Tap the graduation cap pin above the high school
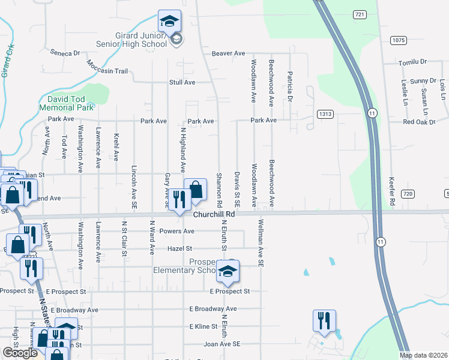[169, 22]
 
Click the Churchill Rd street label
[213, 214]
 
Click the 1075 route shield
[398, 40]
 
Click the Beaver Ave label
[228, 53]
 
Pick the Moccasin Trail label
[107, 67]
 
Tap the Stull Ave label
[182, 82]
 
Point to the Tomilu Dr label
[412, 62]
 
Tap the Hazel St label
[180, 248]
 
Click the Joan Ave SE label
[222, 344]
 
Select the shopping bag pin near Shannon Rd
[195, 190]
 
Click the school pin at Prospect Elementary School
[228, 272]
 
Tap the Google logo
[20, 353]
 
